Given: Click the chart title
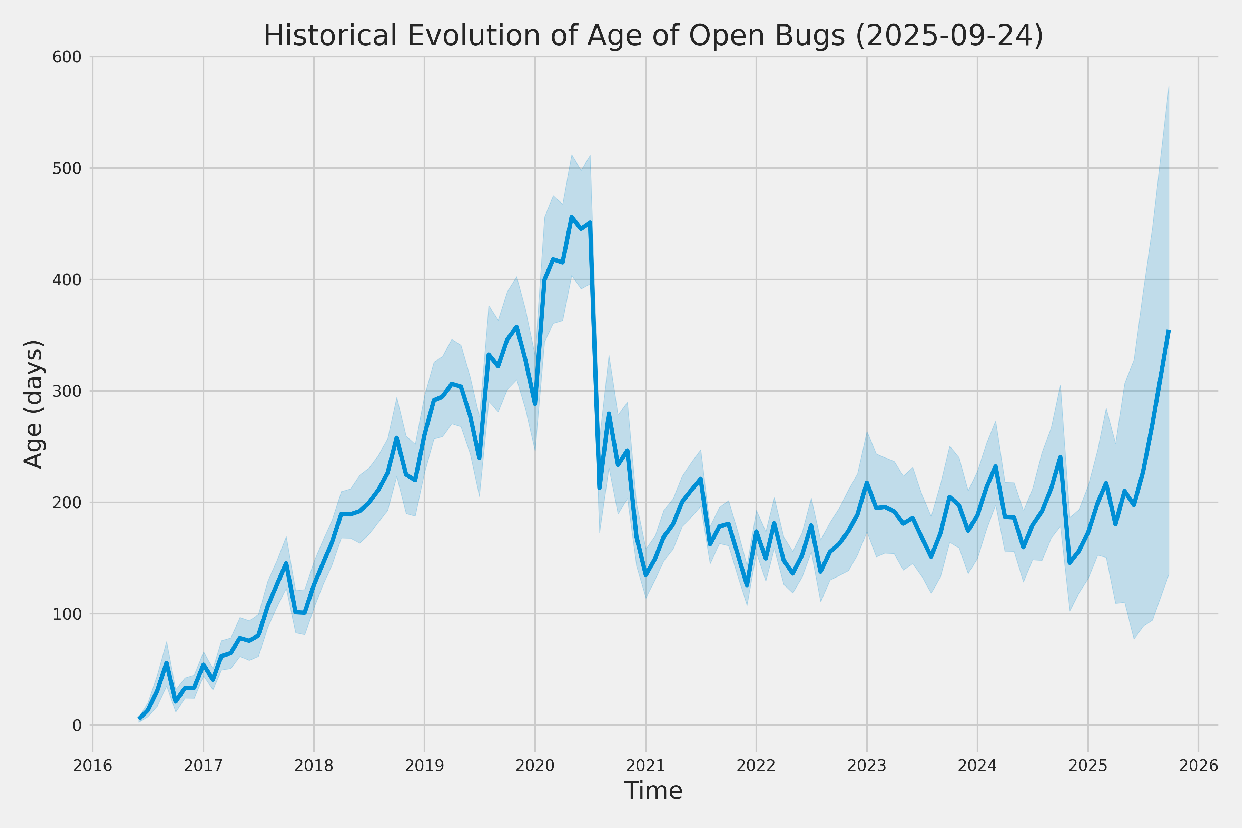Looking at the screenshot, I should (x=653, y=36).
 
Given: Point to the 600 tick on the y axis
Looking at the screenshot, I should (x=67, y=57).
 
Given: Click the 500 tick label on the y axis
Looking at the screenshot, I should (x=67, y=168).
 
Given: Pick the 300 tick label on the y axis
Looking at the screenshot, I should (x=67, y=391).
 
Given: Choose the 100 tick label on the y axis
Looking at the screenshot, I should (x=67, y=614).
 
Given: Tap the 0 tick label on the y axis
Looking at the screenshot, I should (x=77, y=726).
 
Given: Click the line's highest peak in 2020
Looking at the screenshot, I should (x=571, y=217).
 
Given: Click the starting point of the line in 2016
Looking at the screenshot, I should (x=139, y=719).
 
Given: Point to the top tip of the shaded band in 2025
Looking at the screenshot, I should (x=1169, y=86).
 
